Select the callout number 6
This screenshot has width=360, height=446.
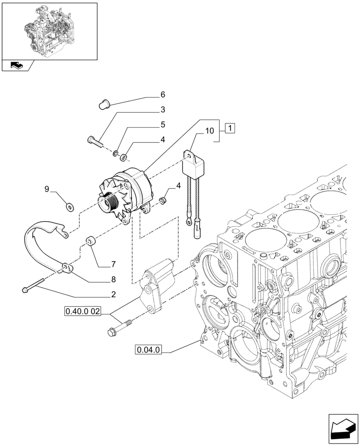tap(163, 95)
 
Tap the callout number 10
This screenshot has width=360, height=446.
tap(210, 131)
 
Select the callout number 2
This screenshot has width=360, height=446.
tap(114, 294)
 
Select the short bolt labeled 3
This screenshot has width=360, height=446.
tap(94, 140)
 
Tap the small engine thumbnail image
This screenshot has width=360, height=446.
tap(49, 31)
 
